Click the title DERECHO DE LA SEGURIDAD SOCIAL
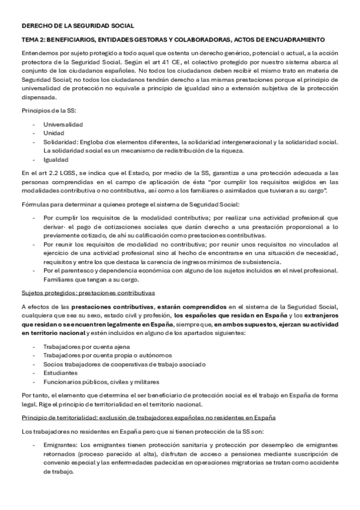78,26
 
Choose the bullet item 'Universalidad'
63,124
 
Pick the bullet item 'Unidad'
53,133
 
